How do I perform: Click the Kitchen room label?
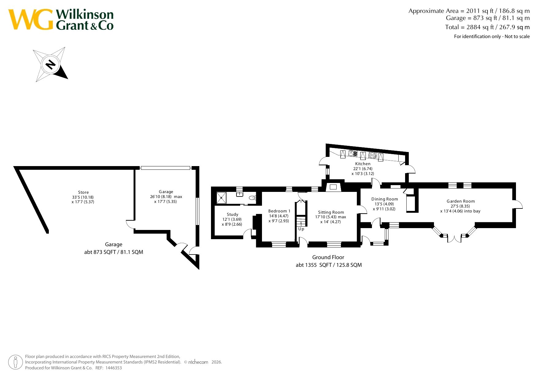click(363, 164)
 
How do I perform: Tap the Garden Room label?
click(461, 201)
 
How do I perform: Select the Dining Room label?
click(385, 199)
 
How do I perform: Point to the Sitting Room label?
click(331, 212)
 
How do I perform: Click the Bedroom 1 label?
click(279, 211)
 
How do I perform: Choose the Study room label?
click(232, 215)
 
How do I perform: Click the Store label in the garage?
click(83, 192)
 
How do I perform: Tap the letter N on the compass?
click(50, 64)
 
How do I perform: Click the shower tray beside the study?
click(221, 198)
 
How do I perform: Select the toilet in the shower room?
click(252, 198)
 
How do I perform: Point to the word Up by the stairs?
click(301, 229)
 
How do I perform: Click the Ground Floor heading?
click(328, 257)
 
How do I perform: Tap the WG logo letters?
click(31, 19)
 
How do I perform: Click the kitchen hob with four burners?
click(373, 155)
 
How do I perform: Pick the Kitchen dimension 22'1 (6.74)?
click(363, 169)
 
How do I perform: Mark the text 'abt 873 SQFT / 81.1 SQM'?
click(114, 252)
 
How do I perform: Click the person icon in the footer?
click(15, 362)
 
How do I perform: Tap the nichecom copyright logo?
click(198, 362)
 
